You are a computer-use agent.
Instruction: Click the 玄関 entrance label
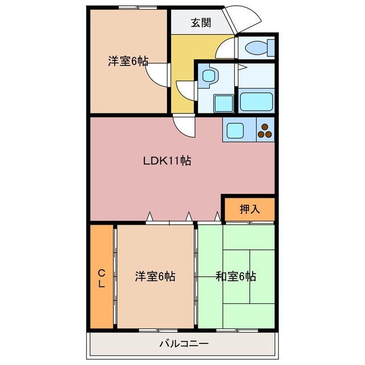(x=201, y=23)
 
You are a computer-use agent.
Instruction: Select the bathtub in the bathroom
(x=256, y=102)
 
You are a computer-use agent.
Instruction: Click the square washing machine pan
(x=223, y=103)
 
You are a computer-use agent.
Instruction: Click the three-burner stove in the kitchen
(x=265, y=130)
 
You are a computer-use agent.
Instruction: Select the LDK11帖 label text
(x=167, y=161)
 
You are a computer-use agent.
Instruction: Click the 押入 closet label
(x=249, y=209)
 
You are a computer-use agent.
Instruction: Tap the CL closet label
(x=101, y=278)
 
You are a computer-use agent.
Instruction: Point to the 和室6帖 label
(x=236, y=277)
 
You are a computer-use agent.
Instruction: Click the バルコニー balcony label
(x=184, y=344)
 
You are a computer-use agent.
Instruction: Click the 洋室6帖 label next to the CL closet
(x=155, y=277)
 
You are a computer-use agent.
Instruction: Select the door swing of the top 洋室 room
(x=157, y=72)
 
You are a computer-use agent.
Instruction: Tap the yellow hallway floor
(x=182, y=57)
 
